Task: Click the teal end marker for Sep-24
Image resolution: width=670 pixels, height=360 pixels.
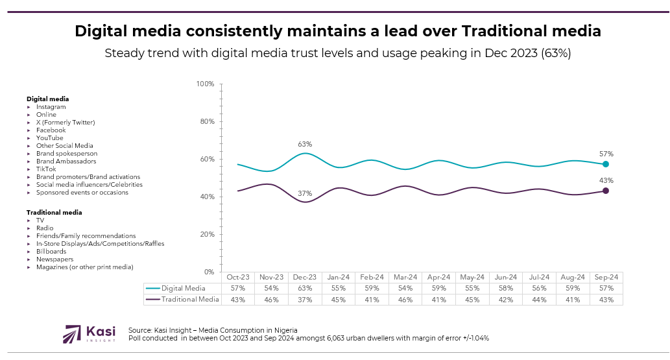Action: click(x=606, y=164)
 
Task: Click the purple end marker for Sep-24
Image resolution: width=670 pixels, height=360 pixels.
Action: click(x=606, y=191)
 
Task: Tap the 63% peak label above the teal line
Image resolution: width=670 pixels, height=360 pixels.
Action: click(x=305, y=144)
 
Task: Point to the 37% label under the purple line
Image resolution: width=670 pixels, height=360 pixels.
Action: click(x=305, y=193)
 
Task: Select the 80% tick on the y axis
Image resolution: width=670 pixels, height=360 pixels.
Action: click(x=206, y=121)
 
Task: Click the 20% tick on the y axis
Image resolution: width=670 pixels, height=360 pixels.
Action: click(x=206, y=234)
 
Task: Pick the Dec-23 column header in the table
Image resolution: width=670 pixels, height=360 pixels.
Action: click(x=305, y=277)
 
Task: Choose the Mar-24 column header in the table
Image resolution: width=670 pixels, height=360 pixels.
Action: click(x=405, y=277)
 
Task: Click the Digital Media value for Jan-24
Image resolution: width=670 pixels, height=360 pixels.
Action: click(x=339, y=288)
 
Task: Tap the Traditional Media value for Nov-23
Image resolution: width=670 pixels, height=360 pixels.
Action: click(x=271, y=300)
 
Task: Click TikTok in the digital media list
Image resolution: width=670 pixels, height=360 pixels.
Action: click(x=46, y=169)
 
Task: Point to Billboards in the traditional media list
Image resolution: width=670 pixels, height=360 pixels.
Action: click(x=51, y=251)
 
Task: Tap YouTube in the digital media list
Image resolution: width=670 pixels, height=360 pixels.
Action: click(x=50, y=138)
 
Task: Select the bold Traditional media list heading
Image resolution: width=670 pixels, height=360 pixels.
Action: click(x=54, y=212)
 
